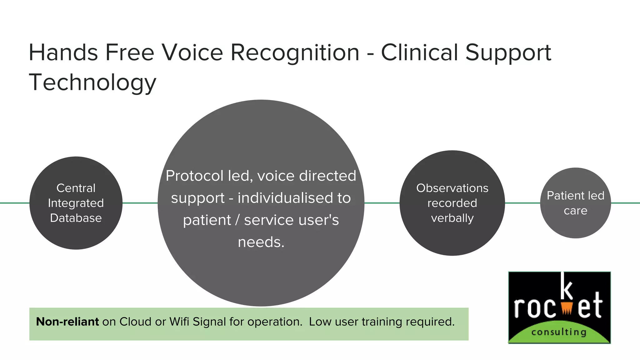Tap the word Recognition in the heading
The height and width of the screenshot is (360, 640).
click(295, 52)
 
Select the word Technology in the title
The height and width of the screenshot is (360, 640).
click(92, 82)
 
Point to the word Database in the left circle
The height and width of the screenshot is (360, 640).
click(76, 218)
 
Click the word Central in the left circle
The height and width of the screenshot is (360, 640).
click(76, 188)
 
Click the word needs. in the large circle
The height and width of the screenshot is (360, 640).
click(261, 242)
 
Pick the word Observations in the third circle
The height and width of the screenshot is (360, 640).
click(452, 188)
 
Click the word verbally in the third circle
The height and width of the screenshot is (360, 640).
click(452, 218)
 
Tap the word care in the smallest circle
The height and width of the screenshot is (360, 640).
click(575, 211)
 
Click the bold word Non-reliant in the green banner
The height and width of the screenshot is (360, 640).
click(67, 322)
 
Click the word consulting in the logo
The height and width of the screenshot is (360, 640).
click(559, 332)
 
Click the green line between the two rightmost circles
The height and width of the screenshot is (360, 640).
click(522, 203)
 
